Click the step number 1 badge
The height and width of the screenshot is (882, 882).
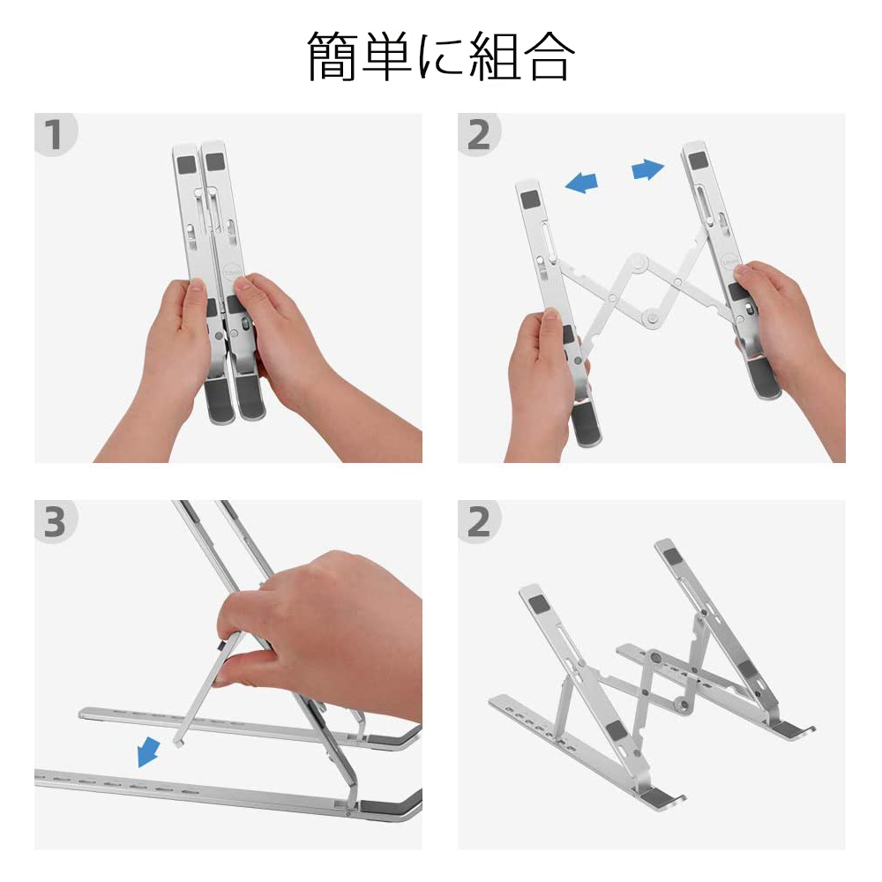54,135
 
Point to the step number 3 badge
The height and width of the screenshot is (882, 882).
54,522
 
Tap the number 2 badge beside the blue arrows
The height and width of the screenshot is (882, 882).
478,135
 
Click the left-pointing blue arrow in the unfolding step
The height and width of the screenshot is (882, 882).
581,182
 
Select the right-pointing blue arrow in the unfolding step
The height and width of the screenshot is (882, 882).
648,169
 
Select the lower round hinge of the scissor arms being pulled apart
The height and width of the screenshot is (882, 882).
653,314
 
